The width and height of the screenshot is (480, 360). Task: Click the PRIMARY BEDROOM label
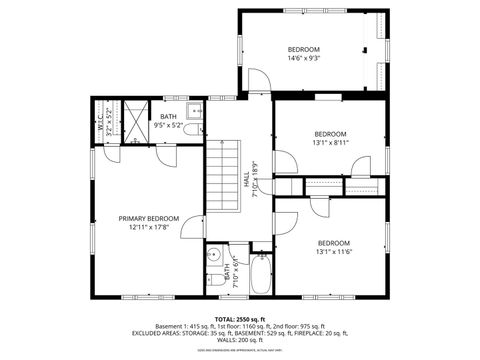pos(149,218)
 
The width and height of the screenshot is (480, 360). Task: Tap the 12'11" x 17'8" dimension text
pos(149,227)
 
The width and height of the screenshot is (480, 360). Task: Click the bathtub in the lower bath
pos(260,276)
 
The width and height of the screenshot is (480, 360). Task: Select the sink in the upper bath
pos(196,111)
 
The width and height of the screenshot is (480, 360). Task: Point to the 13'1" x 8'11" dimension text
pos(331,143)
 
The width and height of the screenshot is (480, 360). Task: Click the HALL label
pos(246,180)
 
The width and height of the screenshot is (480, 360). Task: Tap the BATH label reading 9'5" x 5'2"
pos(169,121)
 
